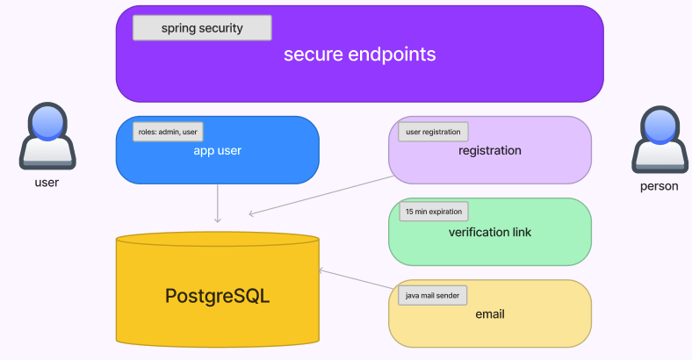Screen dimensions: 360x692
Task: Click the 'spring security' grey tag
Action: (202, 28)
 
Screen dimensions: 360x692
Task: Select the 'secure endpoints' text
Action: (359, 54)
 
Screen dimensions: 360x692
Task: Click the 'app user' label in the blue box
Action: (217, 151)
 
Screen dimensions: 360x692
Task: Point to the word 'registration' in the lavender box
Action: (489, 151)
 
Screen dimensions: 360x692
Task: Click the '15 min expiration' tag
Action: (433, 212)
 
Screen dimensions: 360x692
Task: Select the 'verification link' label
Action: (489, 233)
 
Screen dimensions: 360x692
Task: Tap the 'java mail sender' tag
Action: (433, 295)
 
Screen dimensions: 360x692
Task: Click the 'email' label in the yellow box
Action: (489, 314)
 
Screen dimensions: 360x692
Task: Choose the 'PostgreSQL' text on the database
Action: (217, 296)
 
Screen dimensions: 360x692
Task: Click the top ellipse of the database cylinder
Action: (217, 240)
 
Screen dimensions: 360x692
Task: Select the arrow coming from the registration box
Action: (321, 194)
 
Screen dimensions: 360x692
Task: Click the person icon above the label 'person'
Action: (659, 140)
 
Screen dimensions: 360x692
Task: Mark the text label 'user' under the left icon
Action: (47, 183)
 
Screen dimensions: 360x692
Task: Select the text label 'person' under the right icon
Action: (659, 186)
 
